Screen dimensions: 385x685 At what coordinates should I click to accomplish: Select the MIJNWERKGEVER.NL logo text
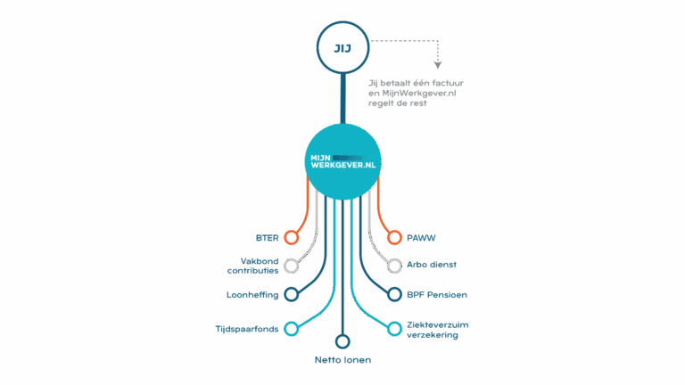pos(342,161)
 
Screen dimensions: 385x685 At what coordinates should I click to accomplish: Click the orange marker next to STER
pos(291,238)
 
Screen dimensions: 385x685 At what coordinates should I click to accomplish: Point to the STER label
pos(267,238)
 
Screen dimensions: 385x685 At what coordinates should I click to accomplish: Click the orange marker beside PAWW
pos(394,238)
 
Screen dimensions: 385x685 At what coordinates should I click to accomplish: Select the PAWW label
pos(421,238)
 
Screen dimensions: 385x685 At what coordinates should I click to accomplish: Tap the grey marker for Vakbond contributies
pos(291,266)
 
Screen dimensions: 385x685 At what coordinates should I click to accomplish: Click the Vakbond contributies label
pos(253,266)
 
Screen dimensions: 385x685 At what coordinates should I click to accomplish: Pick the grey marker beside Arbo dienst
pos(394,266)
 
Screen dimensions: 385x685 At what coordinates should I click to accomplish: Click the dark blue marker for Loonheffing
pos(291,294)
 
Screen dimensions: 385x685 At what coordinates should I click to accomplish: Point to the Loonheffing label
pos(254,294)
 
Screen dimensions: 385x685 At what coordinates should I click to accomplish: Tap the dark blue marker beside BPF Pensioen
pos(394,294)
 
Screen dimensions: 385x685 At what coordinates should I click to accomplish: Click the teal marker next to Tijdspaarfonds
pos(291,328)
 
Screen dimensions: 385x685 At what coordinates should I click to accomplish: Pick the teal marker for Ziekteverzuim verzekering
pos(394,328)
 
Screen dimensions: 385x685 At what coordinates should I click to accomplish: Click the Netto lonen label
pos(342,360)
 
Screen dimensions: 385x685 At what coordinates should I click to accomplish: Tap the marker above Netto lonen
pos(342,340)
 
